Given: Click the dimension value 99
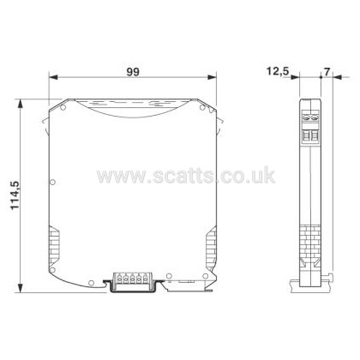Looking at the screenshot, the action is tap(133, 72).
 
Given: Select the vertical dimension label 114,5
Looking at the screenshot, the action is tap(15, 195).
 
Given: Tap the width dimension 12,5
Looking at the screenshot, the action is tap(278, 71).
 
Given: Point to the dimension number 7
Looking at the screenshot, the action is tap(327, 71).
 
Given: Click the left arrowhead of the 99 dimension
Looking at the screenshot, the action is tap(53, 77).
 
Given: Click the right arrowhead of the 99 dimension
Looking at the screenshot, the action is tap(212, 77).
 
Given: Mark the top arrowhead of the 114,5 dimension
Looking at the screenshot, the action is tap(20, 104).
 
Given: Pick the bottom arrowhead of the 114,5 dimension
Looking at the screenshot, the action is tap(20, 288).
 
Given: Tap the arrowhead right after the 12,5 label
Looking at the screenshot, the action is tap(295, 77).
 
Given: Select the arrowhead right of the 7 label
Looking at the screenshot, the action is tap(338, 77).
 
